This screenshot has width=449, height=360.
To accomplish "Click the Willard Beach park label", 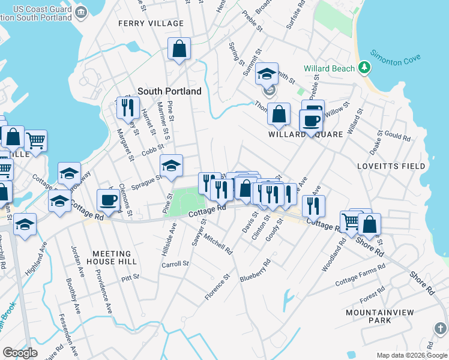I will (x=330, y=68).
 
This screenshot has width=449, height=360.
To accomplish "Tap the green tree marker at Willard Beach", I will (x=363, y=67).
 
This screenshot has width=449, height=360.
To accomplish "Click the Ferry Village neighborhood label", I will (x=151, y=23).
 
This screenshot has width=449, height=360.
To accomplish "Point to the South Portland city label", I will (x=169, y=91).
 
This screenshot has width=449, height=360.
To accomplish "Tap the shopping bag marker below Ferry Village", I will (x=179, y=49).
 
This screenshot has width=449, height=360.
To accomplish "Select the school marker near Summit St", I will (x=267, y=74).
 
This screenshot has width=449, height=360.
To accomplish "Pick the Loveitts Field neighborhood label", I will (x=391, y=166).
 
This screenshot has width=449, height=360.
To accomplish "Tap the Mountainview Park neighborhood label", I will (x=376, y=317).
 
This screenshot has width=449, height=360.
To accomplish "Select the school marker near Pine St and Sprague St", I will (x=171, y=166).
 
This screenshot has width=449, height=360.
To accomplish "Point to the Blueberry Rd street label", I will (x=256, y=271).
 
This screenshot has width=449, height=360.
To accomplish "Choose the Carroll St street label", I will (x=175, y=263).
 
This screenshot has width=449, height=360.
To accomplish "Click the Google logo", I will (x=20, y=353).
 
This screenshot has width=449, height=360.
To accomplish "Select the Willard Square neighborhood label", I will (x=306, y=134).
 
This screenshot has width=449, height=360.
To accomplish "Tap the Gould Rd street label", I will (x=397, y=137).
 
